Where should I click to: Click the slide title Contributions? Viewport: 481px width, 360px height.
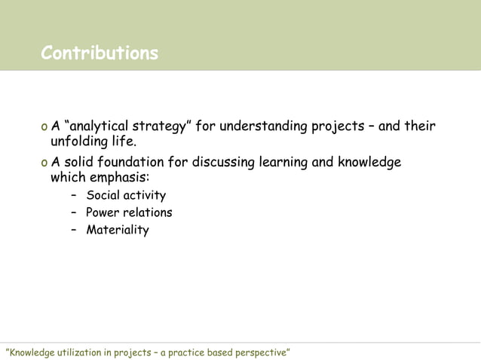(x=100, y=53)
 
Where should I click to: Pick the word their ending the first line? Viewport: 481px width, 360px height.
(x=420, y=125)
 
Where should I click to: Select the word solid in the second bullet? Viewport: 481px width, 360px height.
(x=78, y=163)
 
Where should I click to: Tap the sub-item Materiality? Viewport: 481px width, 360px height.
(x=118, y=230)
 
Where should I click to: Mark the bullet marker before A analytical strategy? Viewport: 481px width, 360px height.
(x=44, y=126)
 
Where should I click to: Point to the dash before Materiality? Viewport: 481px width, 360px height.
(x=74, y=230)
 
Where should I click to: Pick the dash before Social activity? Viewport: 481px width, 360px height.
(x=74, y=196)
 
